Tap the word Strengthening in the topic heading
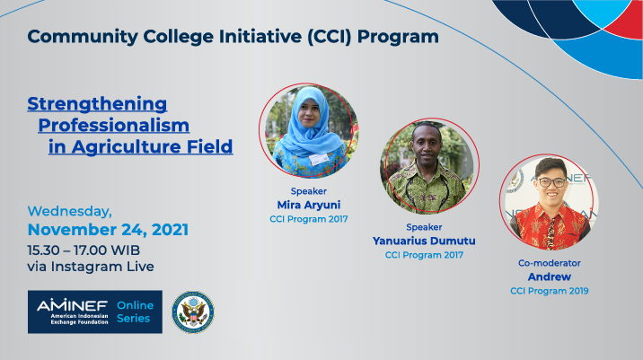point(97,104)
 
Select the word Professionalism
point(113,126)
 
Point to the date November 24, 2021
point(108,230)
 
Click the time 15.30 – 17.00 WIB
point(84,250)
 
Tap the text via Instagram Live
point(91,267)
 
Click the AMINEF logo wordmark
point(72,305)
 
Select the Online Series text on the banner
point(135,312)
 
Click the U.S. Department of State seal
point(193,312)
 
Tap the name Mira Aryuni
point(309,205)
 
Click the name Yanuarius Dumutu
point(424,241)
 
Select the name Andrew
point(549,277)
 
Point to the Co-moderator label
point(549,263)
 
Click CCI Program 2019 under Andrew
point(549,291)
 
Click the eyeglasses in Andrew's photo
point(551,182)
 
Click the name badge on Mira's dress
point(319,158)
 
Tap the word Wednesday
point(70,211)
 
